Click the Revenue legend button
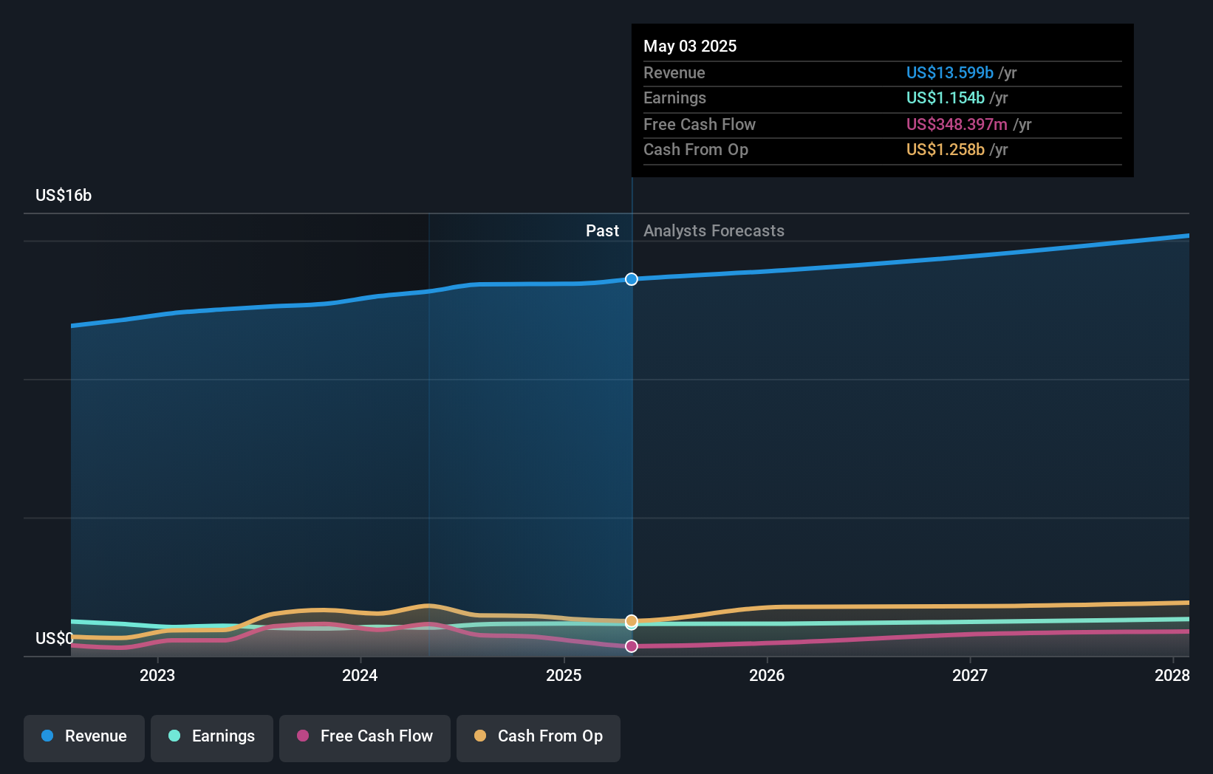[84, 736]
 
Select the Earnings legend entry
[212, 736]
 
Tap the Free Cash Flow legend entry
[365, 736]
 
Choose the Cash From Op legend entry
[539, 736]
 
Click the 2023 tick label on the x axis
[157, 676]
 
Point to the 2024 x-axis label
[360, 676]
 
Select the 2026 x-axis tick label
[767, 676]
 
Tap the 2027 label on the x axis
[970, 676]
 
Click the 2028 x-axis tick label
[1172, 676]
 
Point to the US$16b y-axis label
[64, 196]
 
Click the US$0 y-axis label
[54, 639]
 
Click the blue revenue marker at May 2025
[632, 279]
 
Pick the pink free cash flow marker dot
[632, 646]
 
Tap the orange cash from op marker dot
[632, 620]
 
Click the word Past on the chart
[602, 231]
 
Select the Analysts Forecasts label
[714, 231]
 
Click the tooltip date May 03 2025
[690, 47]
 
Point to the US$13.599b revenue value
[949, 73]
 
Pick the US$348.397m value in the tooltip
[957, 125]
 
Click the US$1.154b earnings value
[945, 98]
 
